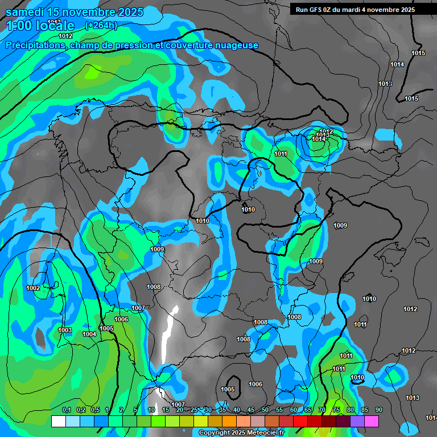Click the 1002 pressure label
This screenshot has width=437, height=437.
(33, 288)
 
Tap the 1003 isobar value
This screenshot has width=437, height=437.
(65, 331)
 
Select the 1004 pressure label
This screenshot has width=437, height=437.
(89, 334)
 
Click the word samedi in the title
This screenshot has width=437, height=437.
(25, 12)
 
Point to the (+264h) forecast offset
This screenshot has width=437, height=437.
(101, 25)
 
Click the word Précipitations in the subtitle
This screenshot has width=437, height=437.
(34, 46)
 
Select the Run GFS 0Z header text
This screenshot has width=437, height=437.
(316, 10)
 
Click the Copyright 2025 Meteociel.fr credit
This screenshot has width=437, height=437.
(241, 432)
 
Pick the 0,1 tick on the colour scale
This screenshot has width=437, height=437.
(66, 410)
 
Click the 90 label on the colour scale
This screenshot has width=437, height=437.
(378, 410)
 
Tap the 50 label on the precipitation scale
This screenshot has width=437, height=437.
(265, 410)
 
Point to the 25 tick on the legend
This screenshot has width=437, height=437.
(194, 410)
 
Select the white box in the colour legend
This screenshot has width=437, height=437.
(58, 421)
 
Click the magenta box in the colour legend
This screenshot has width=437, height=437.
(372, 421)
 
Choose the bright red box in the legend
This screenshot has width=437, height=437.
(300, 421)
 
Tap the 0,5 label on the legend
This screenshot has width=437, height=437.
(94, 410)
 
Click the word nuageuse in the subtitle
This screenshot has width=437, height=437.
(237, 46)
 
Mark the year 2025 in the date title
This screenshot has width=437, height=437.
(127, 12)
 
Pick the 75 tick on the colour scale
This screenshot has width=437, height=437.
(336, 410)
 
